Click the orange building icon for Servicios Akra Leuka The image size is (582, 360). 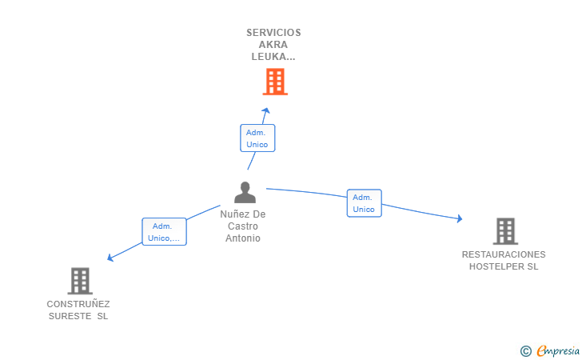coord(274,82)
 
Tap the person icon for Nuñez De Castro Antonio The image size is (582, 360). coord(245,192)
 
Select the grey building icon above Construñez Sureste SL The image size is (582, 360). coord(79,281)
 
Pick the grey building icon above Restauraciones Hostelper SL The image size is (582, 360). coord(504,231)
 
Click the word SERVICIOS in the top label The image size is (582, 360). coord(273,33)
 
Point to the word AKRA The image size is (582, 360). coord(273,45)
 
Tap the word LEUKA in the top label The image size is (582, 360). coord(269,57)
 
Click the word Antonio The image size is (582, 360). coord(243,238)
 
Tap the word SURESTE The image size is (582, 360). coord(68,316)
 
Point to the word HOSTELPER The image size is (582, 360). coord(496,266)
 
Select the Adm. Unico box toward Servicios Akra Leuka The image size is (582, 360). coord(257,138)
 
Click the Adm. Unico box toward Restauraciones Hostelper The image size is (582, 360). coord(364,202)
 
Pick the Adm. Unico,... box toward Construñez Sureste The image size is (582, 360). coord(164,231)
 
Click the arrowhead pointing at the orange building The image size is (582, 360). coord(266,110)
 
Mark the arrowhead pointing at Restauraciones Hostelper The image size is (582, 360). coord(459,218)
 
